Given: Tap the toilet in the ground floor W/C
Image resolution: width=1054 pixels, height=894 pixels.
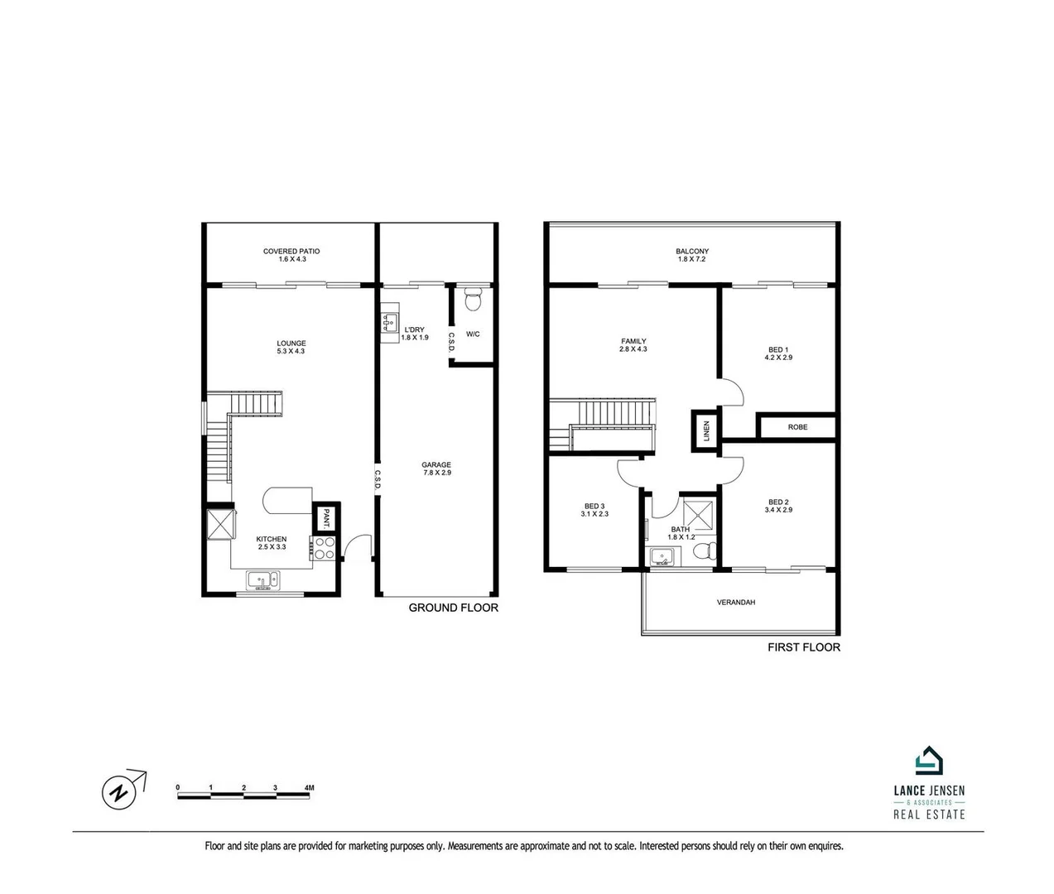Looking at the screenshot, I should [x=473, y=299].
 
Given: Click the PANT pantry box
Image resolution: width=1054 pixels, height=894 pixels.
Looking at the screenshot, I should [x=326, y=518].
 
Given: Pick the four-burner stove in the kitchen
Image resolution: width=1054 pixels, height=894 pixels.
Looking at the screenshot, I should [x=323, y=548].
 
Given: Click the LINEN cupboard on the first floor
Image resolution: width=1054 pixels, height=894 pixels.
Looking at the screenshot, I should [x=706, y=431].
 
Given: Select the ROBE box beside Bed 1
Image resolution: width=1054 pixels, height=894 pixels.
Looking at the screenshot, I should [x=797, y=427].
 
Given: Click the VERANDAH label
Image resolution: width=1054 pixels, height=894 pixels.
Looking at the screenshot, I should [x=736, y=603].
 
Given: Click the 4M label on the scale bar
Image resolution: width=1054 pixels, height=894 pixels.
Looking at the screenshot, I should [x=309, y=788].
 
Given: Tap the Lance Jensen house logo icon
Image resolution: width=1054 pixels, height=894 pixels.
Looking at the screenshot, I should [x=929, y=760].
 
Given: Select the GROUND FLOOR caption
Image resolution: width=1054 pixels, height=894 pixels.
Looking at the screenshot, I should [x=454, y=608].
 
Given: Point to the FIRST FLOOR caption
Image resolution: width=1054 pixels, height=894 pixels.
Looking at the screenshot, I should [x=804, y=647].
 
